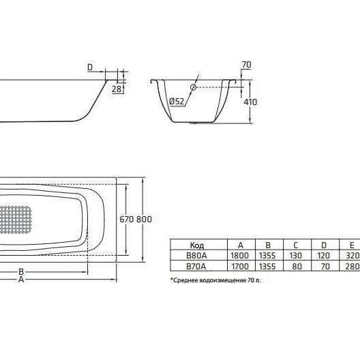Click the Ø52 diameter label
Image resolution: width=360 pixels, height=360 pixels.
point(177,101)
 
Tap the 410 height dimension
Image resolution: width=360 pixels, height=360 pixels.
point(250,102)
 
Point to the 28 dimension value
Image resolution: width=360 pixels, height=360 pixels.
point(117,89)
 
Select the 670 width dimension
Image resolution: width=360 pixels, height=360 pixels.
point(127,220)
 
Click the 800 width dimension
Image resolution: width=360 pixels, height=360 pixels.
point(144,220)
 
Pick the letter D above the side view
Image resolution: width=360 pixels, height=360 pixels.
point(90,67)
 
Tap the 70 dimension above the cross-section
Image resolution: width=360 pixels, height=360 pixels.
point(246,65)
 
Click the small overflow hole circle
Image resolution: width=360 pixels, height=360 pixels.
point(193,87)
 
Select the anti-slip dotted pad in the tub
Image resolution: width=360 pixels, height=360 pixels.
point(15,220)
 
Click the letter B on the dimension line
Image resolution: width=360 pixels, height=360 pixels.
point(21,272)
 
